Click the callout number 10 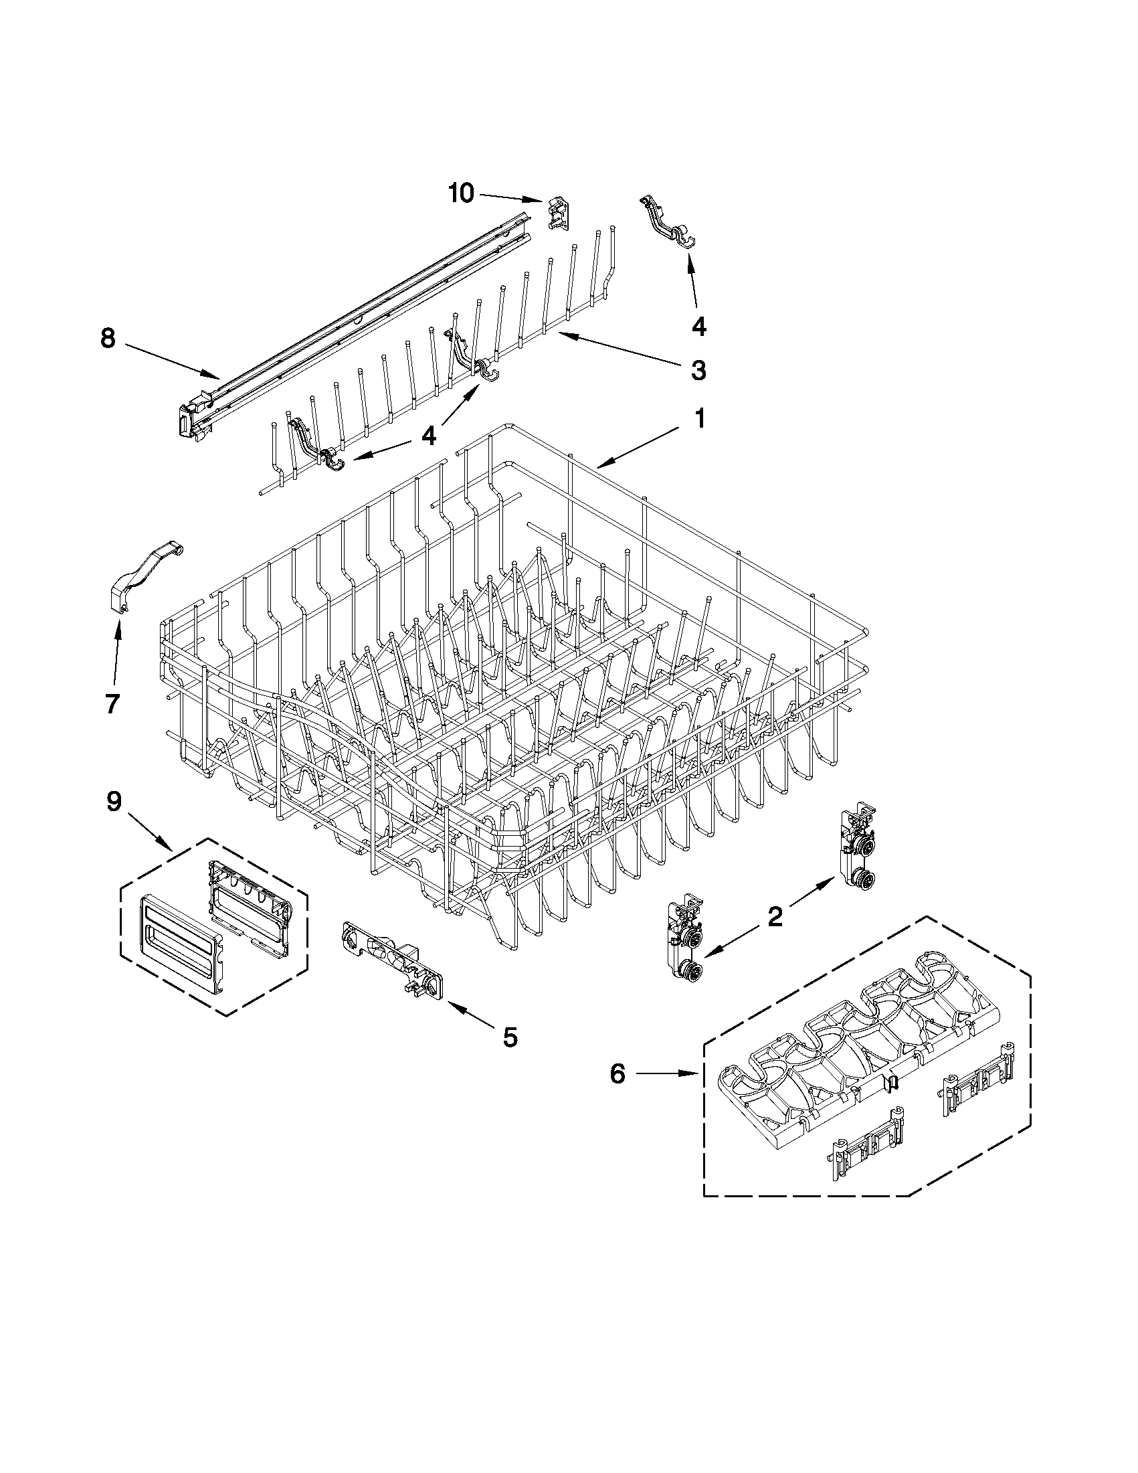tap(462, 193)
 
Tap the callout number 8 tap(108, 338)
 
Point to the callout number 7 tap(112, 703)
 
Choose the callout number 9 tap(114, 801)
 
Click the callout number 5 tap(510, 1037)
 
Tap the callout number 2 tap(775, 916)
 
